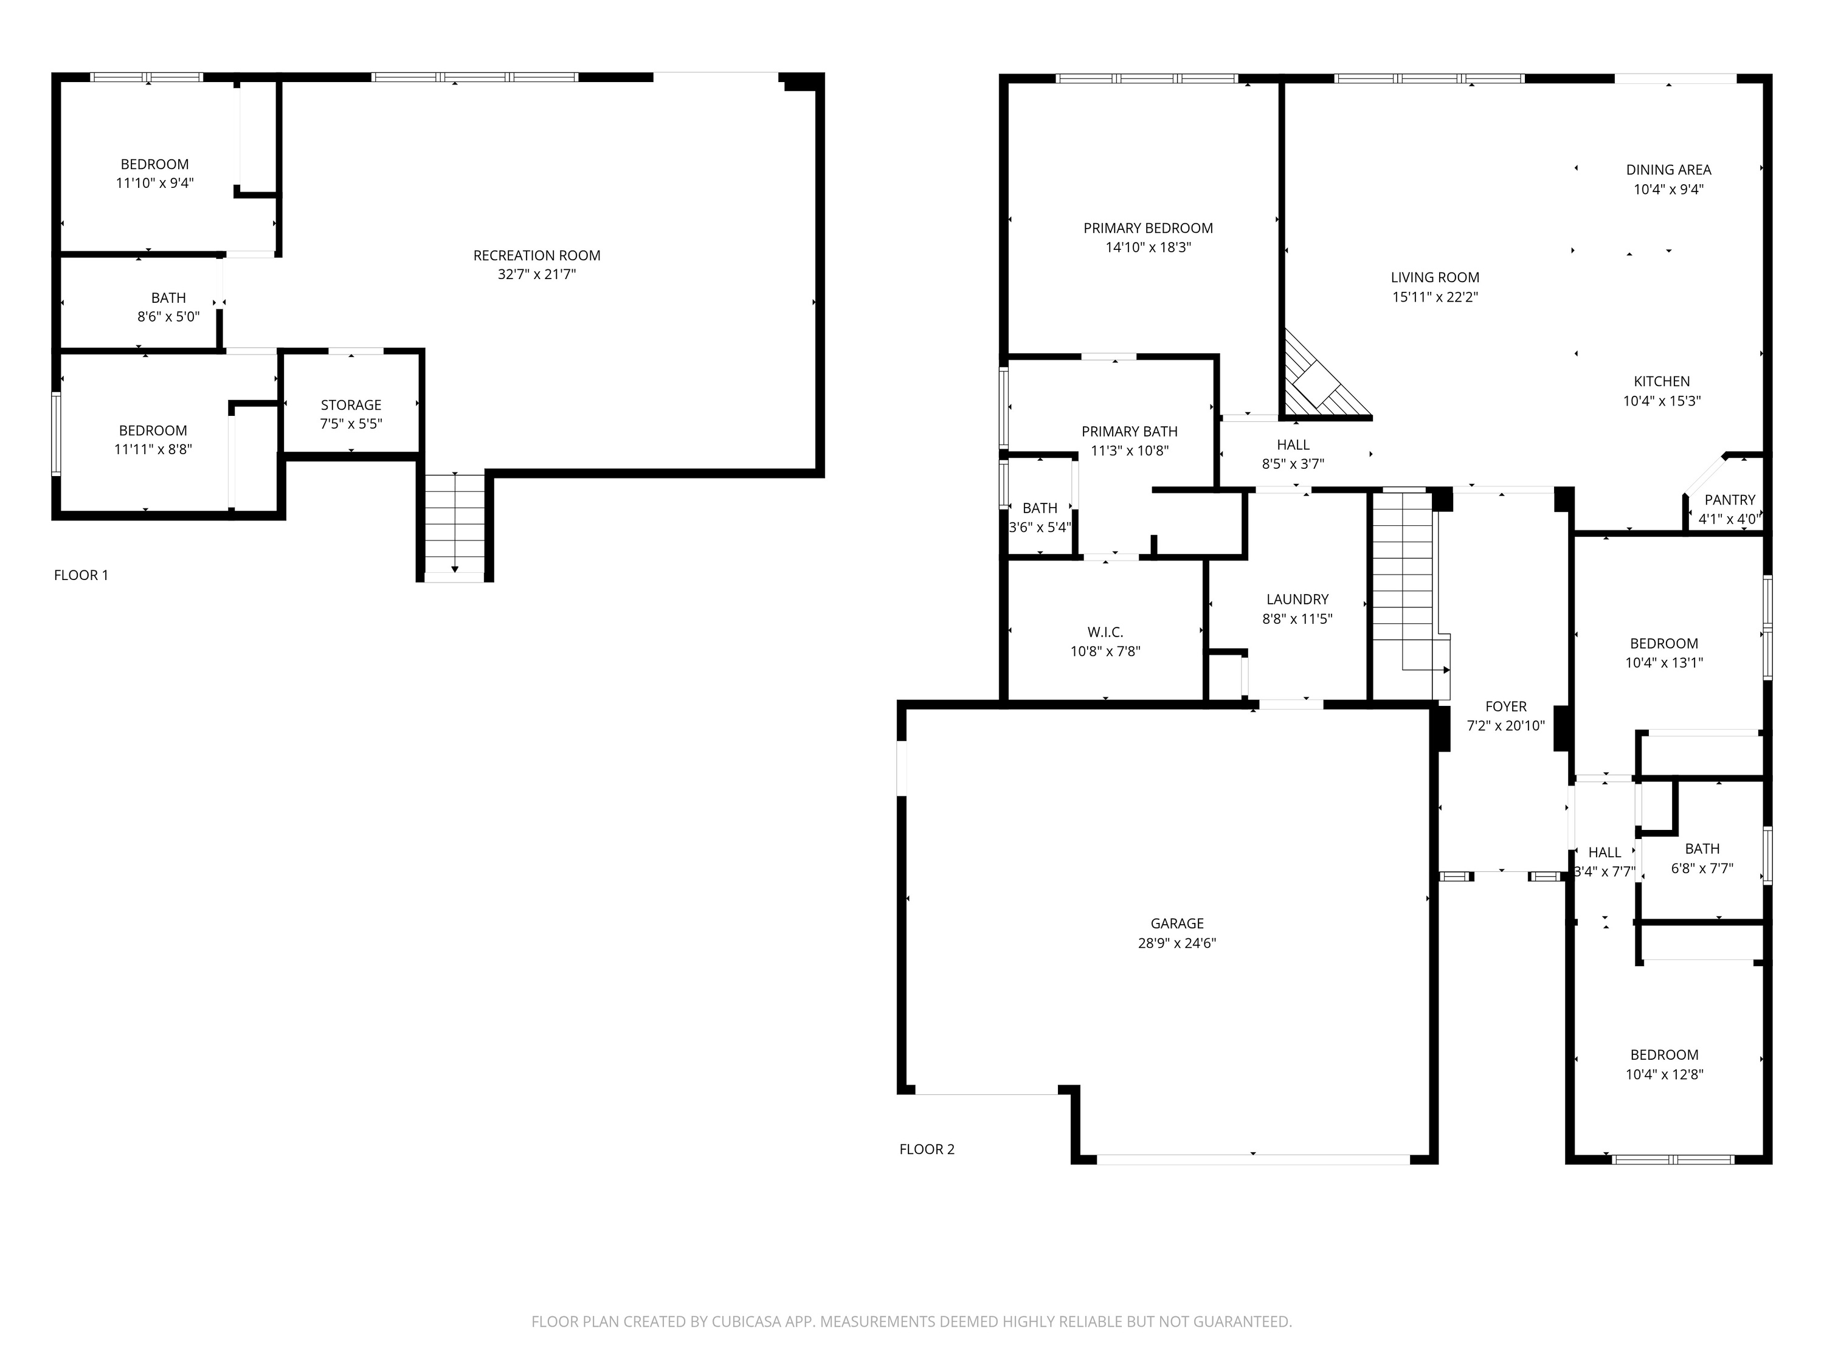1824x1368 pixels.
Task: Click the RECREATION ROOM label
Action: tap(536, 255)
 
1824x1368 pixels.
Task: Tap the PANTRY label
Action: tap(1729, 500)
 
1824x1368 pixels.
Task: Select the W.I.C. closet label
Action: tap(1104, 632)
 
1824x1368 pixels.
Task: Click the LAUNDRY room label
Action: tap(1297, 599)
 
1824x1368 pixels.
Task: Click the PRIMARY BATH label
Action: tap(1129, 431)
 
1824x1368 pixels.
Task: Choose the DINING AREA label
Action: tap(1668, 170)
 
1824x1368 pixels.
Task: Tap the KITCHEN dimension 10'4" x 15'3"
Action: tap(1662, 401)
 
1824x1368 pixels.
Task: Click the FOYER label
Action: tap(1505, 706)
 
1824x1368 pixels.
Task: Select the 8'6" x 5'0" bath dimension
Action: tap(168, 317)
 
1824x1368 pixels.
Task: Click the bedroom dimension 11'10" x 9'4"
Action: tap(154, 183)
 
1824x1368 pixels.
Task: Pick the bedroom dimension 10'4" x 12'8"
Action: tap(1664, 1074)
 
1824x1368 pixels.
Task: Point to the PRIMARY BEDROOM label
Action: tap(1148, 229)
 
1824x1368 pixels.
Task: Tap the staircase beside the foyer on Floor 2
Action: tap(1402, 586)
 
